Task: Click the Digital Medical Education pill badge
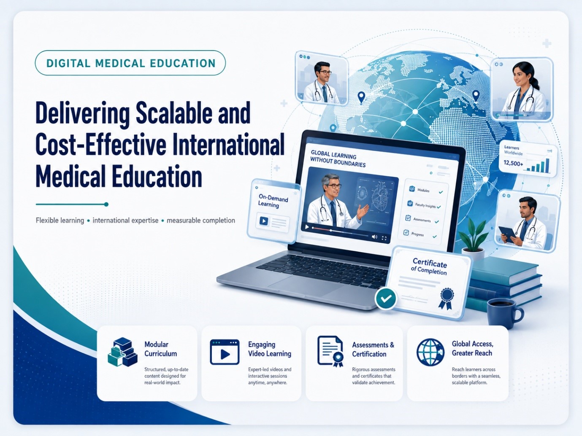[x=130, y=63]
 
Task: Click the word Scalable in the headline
[x=174, y=113]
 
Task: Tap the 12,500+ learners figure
[x=513, y=163]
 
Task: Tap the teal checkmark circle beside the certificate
[x=386, y=298]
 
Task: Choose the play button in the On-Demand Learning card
[x=264, y=221]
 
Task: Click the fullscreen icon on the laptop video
[x=384, y=238]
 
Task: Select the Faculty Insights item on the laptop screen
[x=424, y=205]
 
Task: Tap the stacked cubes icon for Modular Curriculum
[x=122, y=352]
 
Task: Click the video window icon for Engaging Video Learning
[x=225, y=352]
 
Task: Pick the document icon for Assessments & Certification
[x=330, y=351]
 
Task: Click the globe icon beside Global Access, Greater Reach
[x=430, y=352]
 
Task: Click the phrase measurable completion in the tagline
[x=201, y=221]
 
